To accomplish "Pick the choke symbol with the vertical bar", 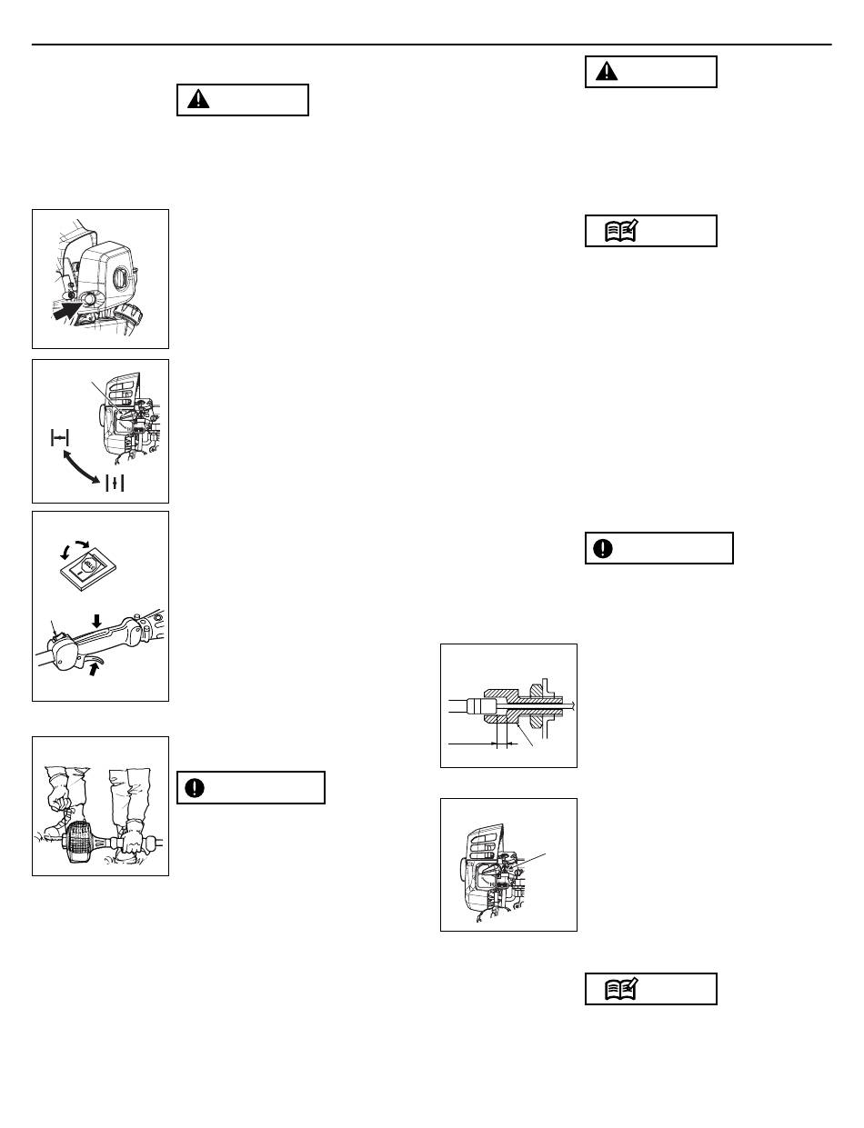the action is coord(114,483).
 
